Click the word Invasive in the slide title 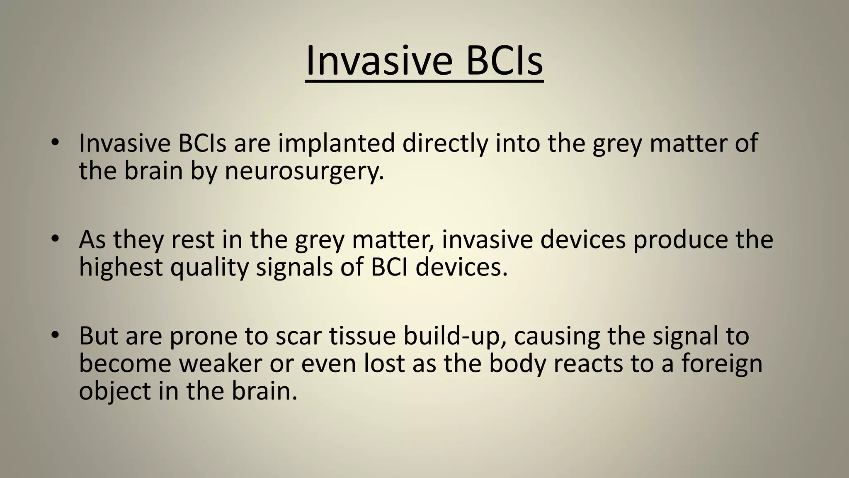coord(379,61)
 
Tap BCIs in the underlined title coord(504,61)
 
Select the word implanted coord(336,143)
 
